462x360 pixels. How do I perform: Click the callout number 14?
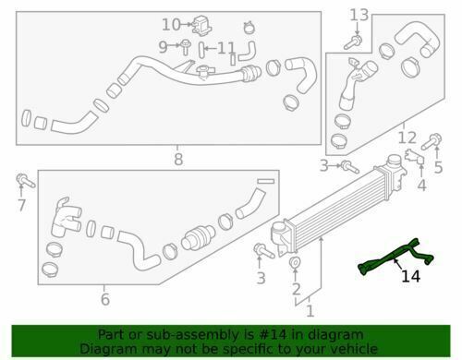411,276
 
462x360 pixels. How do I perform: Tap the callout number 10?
171,25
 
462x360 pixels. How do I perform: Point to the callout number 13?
359,15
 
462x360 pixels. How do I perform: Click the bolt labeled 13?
353,42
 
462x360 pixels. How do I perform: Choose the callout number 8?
178,160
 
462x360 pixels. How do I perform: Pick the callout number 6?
105,299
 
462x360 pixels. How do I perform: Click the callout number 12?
407,138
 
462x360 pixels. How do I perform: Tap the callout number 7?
21,205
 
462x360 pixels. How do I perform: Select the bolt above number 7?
25,181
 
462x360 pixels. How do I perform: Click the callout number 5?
438,167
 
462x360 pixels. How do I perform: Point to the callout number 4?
421,186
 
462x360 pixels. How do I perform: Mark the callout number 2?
296,289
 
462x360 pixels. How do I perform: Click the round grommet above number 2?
295,262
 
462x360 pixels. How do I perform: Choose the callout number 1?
310,311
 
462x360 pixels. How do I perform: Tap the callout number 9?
163,47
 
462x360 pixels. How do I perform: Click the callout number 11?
226,48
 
